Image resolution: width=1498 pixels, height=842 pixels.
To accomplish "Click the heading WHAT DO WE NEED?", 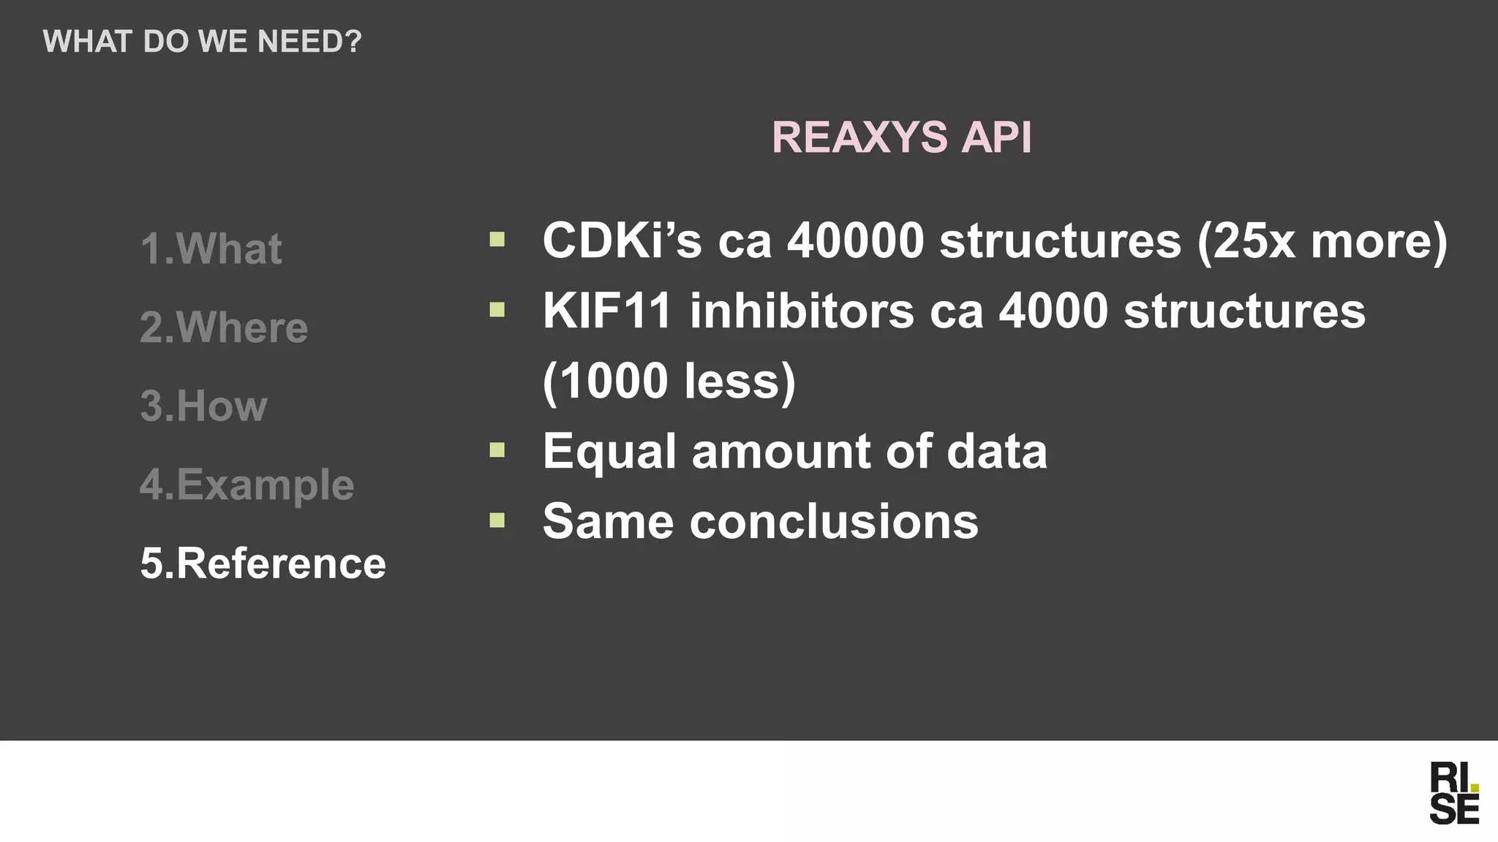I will coord(202,42).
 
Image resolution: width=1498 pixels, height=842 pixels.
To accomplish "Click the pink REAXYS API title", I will coord(901,137).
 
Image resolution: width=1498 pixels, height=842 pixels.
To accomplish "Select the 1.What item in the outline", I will coord(211,249).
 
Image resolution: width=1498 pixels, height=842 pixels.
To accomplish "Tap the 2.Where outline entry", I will coord(224,327).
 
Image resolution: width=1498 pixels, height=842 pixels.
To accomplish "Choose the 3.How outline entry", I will coord(203,406).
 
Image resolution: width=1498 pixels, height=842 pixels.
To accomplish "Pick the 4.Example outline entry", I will coord(246,485).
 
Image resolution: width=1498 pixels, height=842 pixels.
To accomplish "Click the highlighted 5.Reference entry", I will coord(263,564).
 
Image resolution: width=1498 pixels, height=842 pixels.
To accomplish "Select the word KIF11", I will coord(607,311).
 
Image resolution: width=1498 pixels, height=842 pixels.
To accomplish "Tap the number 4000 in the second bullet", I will coord(1053,311).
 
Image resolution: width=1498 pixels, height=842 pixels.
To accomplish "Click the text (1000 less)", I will coord(669,381).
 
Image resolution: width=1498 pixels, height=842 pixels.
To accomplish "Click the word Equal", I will coord(609,451).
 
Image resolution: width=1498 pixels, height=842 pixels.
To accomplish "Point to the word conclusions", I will coord(833,521).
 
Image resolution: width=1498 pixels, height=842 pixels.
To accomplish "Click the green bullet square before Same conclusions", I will coord(497,520).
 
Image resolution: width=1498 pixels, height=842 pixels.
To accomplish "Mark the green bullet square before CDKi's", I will coord(497,239).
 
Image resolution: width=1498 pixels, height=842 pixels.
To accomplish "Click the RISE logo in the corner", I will coord(1454,793).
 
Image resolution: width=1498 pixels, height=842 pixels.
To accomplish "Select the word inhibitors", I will coord(802,311).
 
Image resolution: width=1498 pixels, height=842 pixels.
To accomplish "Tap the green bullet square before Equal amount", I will coord(497,450).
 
